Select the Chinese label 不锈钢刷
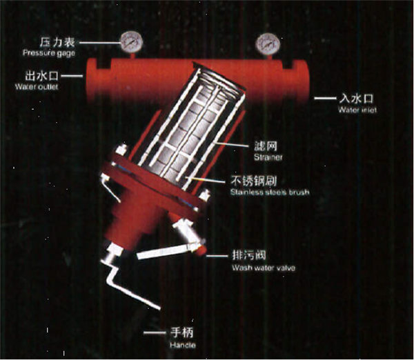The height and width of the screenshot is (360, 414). [x=255, y=182]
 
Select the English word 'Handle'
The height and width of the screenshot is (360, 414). [x=181, y=343]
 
